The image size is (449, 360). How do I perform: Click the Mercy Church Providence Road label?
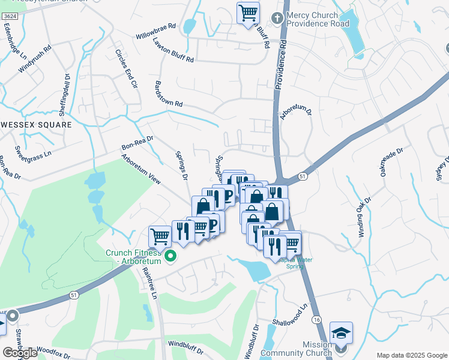coord(318,19)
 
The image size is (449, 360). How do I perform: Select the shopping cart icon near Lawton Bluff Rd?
coord(248,13)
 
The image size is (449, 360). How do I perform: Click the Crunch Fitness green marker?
coord(170,256)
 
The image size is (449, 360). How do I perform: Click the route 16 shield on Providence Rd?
coord(316,322)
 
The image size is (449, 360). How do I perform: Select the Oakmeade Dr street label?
coord(391,157)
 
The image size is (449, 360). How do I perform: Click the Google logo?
coord(19,353)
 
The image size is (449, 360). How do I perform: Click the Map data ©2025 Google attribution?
coord(411,355)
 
